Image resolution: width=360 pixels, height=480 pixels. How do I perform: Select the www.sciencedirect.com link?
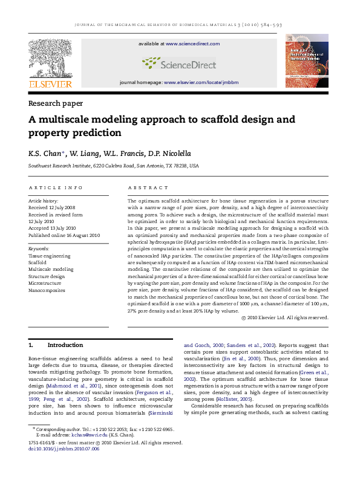pyautogui.click(x=188, y=44)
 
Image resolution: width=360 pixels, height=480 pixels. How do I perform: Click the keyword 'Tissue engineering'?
pyautogui.click(x=50, y=256)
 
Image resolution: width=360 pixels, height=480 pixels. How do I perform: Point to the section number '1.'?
pyautogui.click(x=31, y=345)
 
